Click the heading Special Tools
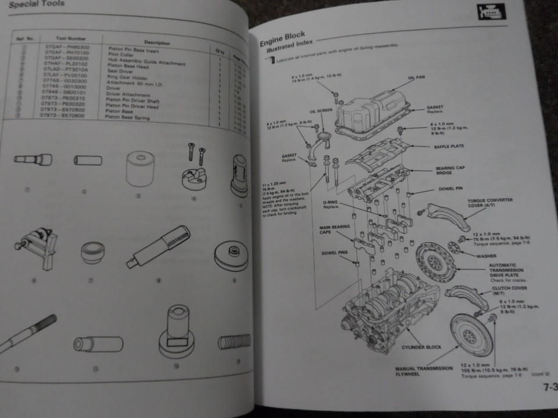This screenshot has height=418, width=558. [x=36, y=5]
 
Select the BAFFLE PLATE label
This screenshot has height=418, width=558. [x=449, y=146]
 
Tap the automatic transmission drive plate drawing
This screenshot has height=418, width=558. [x=437, y=262]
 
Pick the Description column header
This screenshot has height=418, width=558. [x=156, y=43]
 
